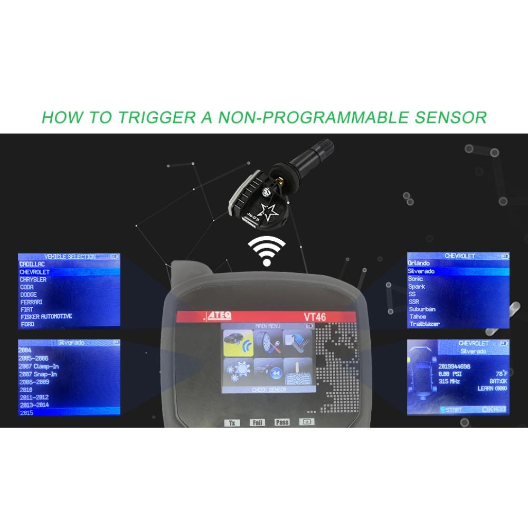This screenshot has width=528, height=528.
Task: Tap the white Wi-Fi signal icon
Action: pyautogui.click(x=267, y=250)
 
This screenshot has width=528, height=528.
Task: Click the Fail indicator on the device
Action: pyautogui.click(x=258, y=422)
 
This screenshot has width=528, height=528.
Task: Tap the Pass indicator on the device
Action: pyautogui.click(x=282, y=422)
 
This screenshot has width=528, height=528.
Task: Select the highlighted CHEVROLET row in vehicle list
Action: pyautogui.click(x=69, y=271)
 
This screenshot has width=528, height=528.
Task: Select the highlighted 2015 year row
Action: pyautogui.click(x=69, y=412)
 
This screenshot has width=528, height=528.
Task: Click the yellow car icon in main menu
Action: pyautogui.click(x=237, y=343)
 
